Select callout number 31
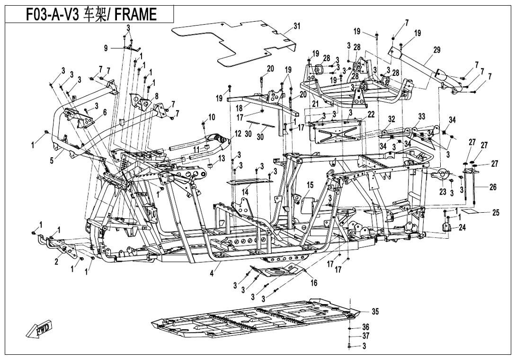tap(297, 27)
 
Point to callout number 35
tap(375, 311)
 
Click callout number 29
tap(436, 50)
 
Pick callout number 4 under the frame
tap(212, 273)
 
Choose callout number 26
tap(493, 188)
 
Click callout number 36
tap(365, 327)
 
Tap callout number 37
tap(365, 336)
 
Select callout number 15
tap(310, 185)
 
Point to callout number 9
tap(106, 48)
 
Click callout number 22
tap(371, 114)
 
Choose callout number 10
tap(211, 117)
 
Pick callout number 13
tap(222, 159)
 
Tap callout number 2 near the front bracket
tap(57, 262)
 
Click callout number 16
tap(313, 283)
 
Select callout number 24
tap(462, 227)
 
